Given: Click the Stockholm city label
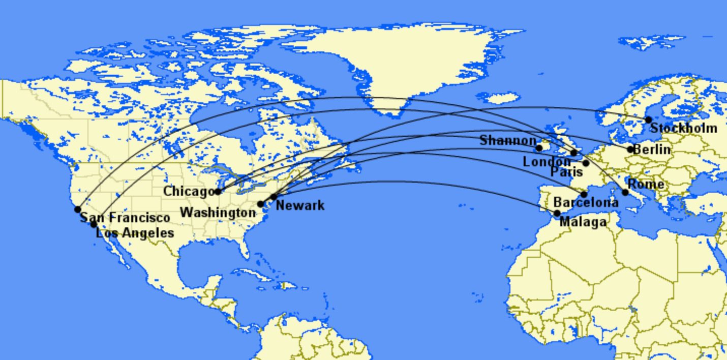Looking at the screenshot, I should tap(684, 128).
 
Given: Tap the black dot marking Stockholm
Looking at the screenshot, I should tap(648, 120).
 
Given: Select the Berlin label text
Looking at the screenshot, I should tap(652, 149).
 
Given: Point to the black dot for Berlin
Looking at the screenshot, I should tap(630, 149).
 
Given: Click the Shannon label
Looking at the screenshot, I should tap(507, 140).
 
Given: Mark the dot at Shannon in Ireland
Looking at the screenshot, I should tap(539, 148).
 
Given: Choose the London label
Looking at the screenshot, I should tap(547, 162).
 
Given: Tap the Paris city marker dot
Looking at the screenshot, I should tap(586, 163).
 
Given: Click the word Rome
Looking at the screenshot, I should tap(646, 184).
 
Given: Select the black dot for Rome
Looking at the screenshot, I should tap(625, 192).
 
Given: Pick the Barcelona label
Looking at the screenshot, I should tap(586, 202).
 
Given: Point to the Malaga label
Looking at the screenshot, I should tap(583, 222).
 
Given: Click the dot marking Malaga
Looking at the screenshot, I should tap(557, 214).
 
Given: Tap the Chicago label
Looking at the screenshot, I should tap(188, 192).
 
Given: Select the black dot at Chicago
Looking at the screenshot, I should tap(218, 192).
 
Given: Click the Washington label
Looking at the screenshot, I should tap(218, 212).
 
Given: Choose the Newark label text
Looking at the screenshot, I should tap(300, 205).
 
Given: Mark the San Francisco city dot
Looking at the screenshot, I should tap(77, 209).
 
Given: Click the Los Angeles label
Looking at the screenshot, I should tap(135, 233).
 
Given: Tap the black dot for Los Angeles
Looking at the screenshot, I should tap(94, 224).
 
